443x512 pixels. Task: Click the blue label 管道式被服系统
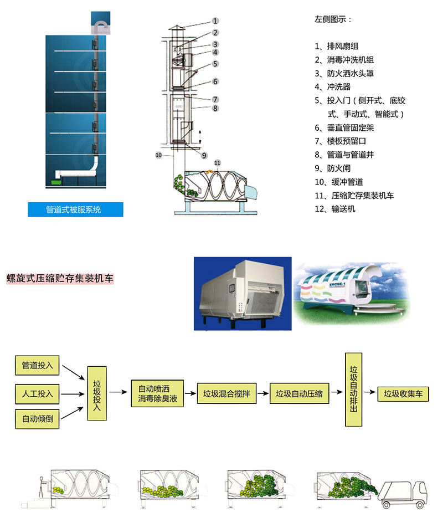coord(75,209)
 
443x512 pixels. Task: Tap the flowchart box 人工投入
coord(37,394)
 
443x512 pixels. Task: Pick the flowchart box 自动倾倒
coord(37,418)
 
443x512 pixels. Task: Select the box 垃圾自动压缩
coord(299,394)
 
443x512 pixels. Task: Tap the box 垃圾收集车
coord(403,394)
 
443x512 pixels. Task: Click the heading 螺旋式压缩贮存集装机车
coord(60,278)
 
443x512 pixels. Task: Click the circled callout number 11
coord(217,162)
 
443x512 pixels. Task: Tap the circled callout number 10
coord(158,156)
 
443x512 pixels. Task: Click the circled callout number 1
coord(215,21)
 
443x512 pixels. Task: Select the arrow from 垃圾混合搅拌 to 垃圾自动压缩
coord(262,394)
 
